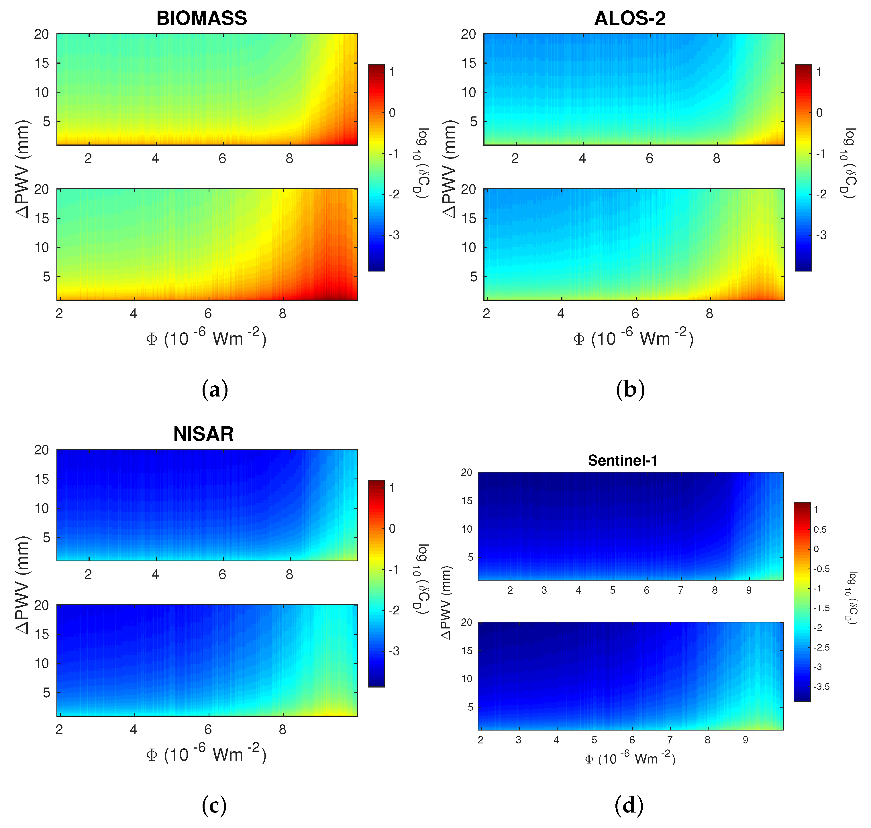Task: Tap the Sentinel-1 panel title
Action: pos(622,461)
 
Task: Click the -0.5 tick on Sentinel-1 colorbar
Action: pos(821,569)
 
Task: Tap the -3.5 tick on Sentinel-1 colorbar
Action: pos(821,687)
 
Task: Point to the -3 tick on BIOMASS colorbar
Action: pos(394,235)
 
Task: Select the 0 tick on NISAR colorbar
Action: pos(392,529)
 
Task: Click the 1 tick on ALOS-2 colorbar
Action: pos(819,72)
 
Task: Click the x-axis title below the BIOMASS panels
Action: pos(206,339)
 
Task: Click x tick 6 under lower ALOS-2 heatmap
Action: pos(635,314)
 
